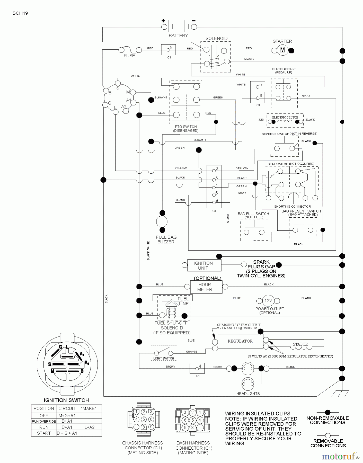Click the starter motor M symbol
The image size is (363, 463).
pyautogui.click(x=282, y=50)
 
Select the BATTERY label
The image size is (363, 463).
pyautogui.click(x=178, y=35)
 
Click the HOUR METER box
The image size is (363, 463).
pyautogui.click(x=206, y=287)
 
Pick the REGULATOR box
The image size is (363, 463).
pyautogui.click(x=241, y=341)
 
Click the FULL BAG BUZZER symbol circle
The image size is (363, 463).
pyautogui.click(x=162, y=221)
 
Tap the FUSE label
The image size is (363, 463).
pyautogui.click(x=129, y=56)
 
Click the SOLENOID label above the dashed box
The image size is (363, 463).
pyautogui.click(x=217, y=38)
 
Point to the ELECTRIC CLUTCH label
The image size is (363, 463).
pyautogui.click(x=285, y=117)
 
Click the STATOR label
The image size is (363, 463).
pyautogui.click(x=300, y=344)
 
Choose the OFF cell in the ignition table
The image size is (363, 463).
pyautogui.click(x=44, y=416)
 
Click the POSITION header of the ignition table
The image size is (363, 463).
pyautogui.click(x=44, y=408)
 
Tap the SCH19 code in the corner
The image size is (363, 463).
pyautogui.click(x=20, y=13)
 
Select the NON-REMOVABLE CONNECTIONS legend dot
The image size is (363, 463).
pyautogui.click(x=327, y=413)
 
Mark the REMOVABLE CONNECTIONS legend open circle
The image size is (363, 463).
pyautogui.click(x=327, y=435)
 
